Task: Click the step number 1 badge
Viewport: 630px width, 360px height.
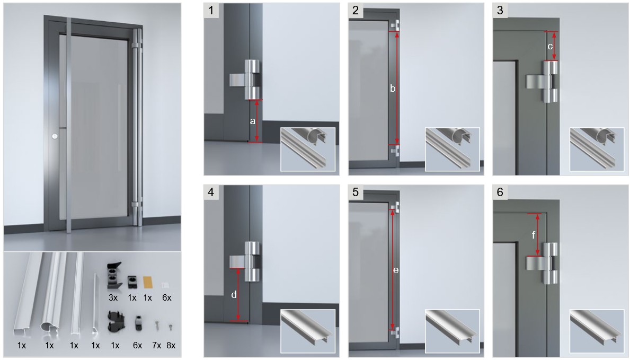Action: [x=211, y=11]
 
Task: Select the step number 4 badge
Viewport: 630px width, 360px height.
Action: [x=211, y=192]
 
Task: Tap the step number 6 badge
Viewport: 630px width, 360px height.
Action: [x=500, y=192]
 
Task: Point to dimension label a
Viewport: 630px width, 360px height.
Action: [x=252, y=121]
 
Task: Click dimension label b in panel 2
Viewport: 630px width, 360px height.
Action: [x=393, y=89]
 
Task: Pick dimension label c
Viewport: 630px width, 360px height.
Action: [x=550, y=46]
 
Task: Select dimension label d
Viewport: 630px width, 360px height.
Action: [x=234, y=295]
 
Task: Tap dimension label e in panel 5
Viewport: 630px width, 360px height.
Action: [x=396, y=270]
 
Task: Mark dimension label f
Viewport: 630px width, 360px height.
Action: [x=534, y=234]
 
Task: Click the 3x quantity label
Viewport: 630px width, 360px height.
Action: [x=113, y=297]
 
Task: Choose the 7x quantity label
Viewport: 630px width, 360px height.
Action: [x=157, y=345]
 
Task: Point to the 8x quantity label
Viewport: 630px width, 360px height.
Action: [x=171, y=345]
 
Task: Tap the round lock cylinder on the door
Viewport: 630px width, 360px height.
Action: [x=54, y=136]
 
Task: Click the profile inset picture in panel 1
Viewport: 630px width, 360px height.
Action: [x=308, y=149]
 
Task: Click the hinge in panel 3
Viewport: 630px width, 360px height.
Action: [x=543, y=82]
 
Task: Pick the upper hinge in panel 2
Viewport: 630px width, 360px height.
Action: [x=395, y=25]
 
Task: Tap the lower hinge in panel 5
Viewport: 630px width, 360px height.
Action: [x=395, y=332]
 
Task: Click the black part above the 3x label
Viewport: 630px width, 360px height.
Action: [x=114, y=276]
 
